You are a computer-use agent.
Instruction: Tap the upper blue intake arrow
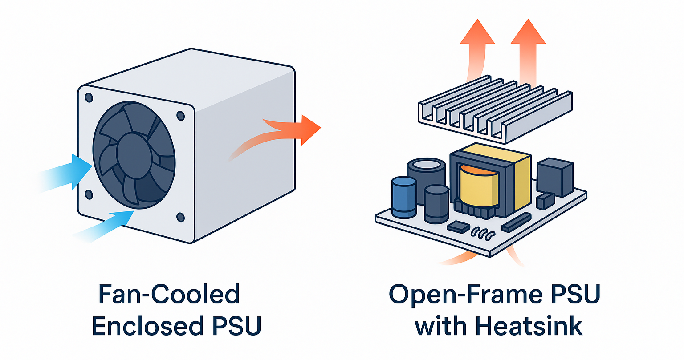(67, 174)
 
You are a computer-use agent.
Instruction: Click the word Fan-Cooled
(169, 295)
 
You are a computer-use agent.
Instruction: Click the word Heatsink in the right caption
(529, 326)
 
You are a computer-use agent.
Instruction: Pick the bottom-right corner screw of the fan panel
(180, 217)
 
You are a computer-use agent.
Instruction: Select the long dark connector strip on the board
(516, 222)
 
